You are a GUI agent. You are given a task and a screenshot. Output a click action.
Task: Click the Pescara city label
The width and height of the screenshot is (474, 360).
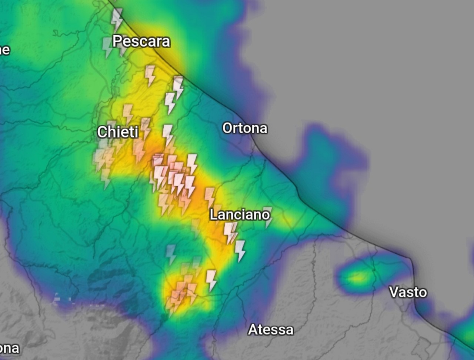point(141,41)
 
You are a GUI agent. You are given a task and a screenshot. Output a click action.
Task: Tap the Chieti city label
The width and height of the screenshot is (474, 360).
point(118,132)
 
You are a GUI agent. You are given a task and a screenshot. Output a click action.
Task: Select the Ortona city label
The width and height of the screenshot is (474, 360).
point(244,128)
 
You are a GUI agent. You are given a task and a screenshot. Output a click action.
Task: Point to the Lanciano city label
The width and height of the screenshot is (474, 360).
point(240,214)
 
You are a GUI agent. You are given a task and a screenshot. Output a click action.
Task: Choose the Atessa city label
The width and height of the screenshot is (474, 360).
point(271,329)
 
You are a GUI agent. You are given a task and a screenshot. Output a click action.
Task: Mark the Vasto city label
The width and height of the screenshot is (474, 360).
point(408,292)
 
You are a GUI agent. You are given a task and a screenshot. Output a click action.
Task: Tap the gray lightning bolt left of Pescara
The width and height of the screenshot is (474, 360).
point(107,47)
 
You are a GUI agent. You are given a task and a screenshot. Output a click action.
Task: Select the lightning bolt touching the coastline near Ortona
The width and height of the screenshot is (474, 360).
point(178,87)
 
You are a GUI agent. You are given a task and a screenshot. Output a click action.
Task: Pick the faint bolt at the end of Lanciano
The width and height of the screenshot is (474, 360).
point(268,217)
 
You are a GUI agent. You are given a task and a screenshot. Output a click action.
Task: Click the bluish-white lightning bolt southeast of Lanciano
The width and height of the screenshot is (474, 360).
point(240,251)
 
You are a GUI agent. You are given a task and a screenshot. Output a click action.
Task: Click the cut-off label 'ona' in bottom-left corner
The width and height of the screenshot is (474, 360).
point(9,349)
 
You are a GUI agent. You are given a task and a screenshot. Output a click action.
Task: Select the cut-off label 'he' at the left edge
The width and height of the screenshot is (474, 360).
point(4,49)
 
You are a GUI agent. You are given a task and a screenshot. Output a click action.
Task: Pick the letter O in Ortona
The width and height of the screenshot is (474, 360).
point(227,128)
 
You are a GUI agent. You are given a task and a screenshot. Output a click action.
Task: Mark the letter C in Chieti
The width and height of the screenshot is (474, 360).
point(102,132)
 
